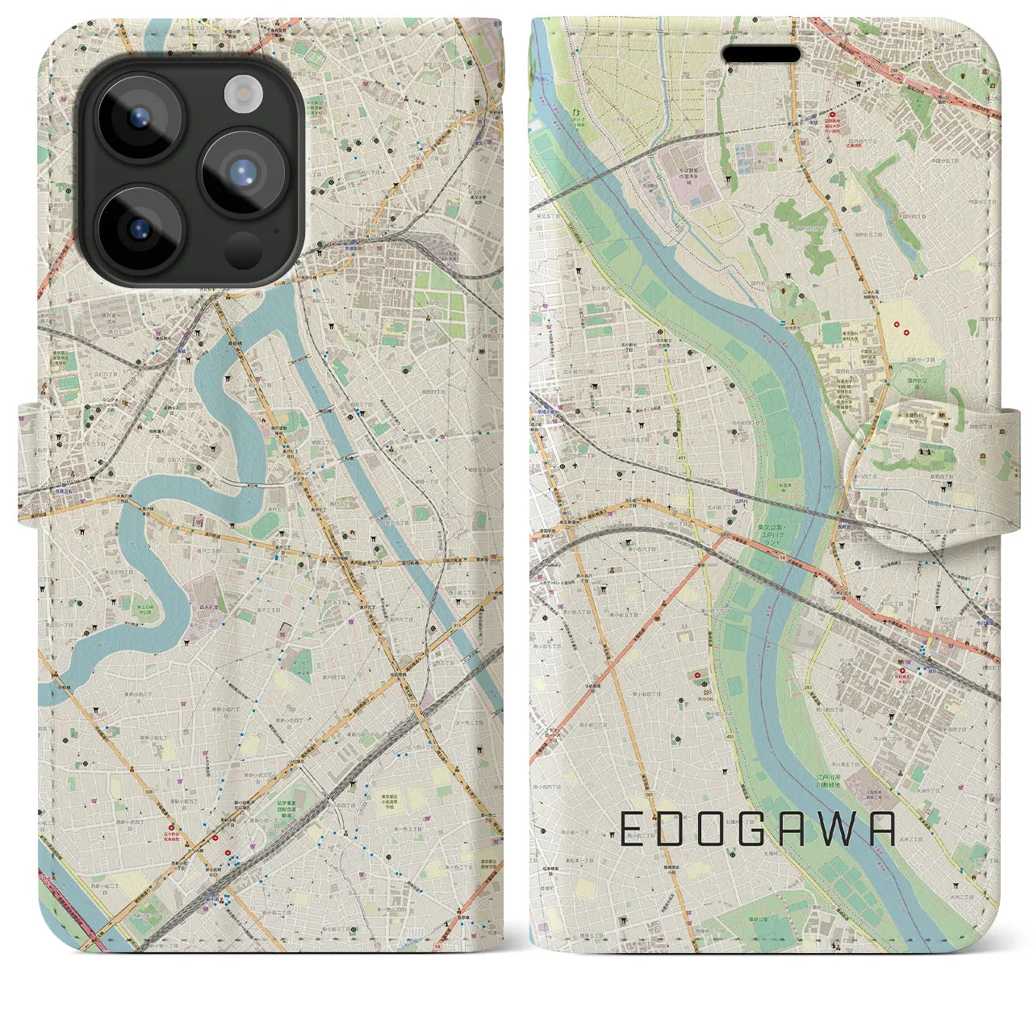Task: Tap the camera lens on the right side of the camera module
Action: [243, 172]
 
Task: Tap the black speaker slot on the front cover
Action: [761, 54]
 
